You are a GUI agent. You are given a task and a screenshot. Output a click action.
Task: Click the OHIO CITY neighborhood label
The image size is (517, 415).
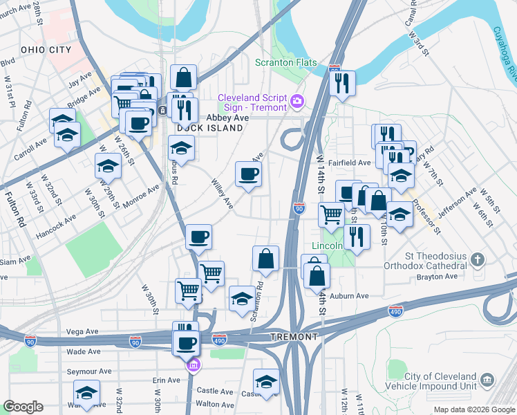tap(46, 50)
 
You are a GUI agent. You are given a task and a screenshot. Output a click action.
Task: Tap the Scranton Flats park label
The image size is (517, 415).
tap(286, 63)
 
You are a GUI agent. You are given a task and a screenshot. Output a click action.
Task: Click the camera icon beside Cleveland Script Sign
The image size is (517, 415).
tap(297, 102)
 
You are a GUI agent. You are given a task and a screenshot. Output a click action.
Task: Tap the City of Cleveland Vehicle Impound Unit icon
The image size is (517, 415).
tap(487, 380)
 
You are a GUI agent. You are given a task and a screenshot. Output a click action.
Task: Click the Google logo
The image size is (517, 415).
tap(23, 407)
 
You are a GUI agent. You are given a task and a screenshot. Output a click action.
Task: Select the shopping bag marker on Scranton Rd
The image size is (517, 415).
tap(266, 260)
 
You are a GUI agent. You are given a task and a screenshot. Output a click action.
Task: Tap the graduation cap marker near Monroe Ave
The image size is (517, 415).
tap(109, 167)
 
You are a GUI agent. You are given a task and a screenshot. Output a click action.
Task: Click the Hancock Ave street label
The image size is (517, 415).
tap(57, 226)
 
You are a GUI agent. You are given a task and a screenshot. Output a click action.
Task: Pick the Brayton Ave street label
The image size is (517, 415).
tap(437, 276)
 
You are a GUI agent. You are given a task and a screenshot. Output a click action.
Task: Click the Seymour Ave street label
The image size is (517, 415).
tap(89, 371)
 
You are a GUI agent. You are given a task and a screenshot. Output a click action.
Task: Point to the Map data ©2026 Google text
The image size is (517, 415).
tap(473, 409)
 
